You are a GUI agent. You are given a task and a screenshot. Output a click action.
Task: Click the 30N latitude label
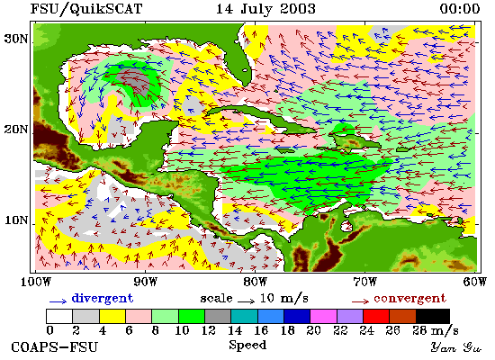[x=16, y=40]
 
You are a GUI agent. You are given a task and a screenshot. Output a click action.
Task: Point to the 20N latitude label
[x=16, y=130]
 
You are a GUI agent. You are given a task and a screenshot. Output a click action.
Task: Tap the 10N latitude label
[x=16, y=220]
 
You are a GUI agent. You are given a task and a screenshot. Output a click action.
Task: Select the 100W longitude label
[x=36, y=282]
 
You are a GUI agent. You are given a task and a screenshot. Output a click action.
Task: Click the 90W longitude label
[x=145, y=282]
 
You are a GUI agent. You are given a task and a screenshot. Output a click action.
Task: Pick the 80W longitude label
[x=255, y=282]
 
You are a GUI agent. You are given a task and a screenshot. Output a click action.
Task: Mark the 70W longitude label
[x=364, y=282]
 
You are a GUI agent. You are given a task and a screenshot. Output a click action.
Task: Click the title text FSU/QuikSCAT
[x=86, y=9]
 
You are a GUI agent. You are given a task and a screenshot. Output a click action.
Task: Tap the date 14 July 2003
[x=265, y=8]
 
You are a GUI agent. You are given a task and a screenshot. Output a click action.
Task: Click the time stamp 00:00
[x=460, y=8]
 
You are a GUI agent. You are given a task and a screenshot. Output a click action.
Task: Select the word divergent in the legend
[x=103, y=299]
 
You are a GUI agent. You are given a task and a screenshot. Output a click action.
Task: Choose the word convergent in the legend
[x=410, y=299]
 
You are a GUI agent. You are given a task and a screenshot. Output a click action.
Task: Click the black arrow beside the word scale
[x=247, y=301]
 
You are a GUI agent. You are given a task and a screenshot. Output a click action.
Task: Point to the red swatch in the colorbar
[x=376, y=317]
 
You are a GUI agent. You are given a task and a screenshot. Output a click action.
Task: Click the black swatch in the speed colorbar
[x=433, y=317]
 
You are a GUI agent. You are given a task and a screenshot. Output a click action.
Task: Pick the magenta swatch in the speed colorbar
[x=323, y=317]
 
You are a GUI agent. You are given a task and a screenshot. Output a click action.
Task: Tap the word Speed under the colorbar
[x=247, y=346]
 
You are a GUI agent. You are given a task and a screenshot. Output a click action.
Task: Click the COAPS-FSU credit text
[x=55, y=347]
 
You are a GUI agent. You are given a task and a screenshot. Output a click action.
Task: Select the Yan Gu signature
[x=456, y=347]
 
